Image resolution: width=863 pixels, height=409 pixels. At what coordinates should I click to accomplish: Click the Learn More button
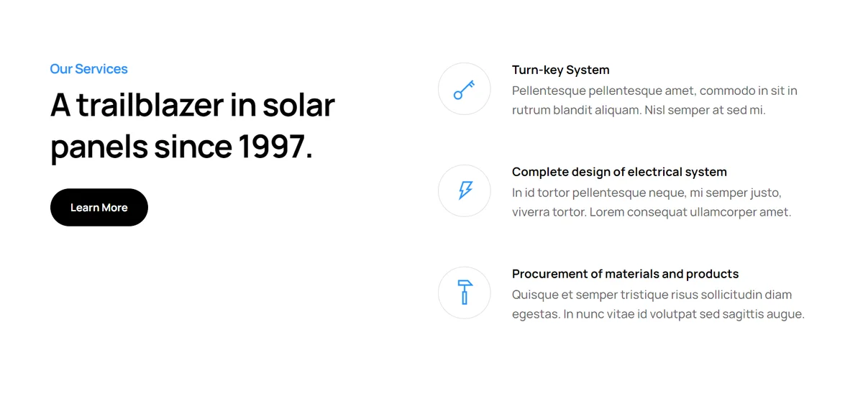point(99,207)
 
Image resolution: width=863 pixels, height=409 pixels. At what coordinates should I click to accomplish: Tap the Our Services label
point(88,69)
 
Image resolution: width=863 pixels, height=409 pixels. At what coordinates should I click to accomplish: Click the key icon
point(465,90)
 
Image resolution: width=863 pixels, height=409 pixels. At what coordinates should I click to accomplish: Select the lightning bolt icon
point(465,190)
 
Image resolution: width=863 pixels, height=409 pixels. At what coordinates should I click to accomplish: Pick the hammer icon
point(465,293)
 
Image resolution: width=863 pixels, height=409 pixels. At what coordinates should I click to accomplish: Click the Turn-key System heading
point(560,70)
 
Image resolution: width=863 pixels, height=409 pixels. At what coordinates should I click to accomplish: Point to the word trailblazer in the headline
point(150,105)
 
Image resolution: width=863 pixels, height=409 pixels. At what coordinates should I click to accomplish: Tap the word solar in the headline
point(298,105)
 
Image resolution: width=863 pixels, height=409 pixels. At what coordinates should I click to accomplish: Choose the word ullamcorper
point(723,212)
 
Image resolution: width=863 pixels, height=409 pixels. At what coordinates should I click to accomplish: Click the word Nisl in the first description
point(654,110)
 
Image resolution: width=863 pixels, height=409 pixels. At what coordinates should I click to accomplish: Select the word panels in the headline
point(99,147)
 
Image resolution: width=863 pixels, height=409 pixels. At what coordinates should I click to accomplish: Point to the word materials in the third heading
point(632,274)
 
